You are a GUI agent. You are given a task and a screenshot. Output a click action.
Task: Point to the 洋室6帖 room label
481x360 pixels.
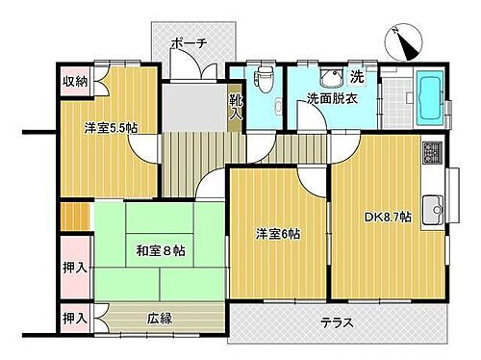[x=277, y=234]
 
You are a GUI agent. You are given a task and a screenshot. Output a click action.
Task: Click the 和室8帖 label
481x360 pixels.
[x=160, y=252]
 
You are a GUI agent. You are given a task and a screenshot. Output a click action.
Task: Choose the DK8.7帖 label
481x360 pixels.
[x=386, y=218]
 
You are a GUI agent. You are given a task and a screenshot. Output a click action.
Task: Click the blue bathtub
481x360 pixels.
[x=428, y=96]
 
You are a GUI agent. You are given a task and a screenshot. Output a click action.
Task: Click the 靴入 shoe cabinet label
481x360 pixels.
[x=236, y=103]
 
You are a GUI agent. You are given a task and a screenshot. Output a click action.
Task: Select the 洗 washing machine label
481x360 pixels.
[x=356, y=76]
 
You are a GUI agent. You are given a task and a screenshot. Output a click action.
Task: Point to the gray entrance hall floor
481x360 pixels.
[x=192, y=106]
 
